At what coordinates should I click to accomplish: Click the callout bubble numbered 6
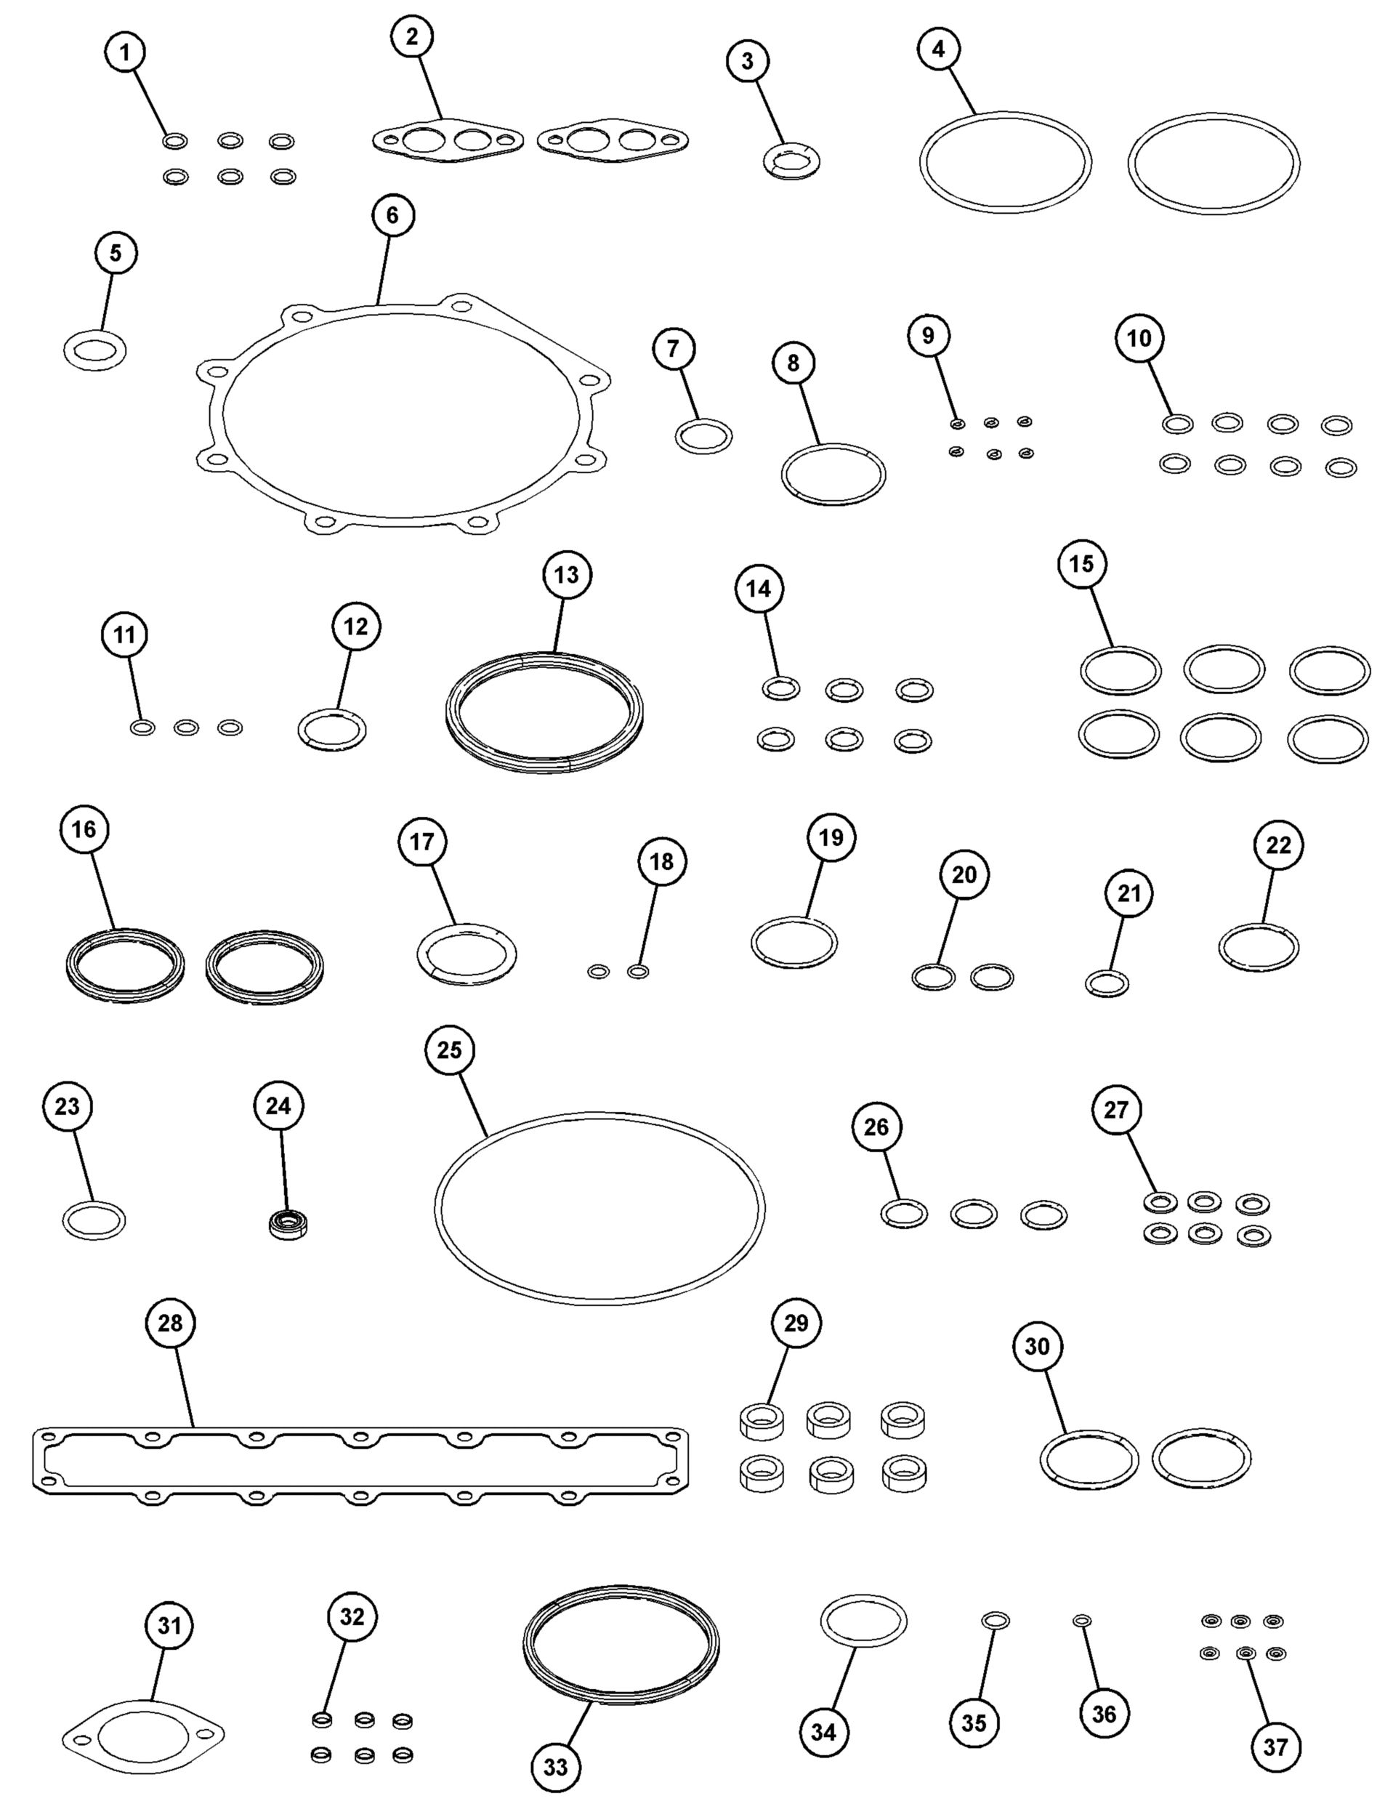[392, 215]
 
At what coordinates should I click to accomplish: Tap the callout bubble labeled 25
[449, 1050]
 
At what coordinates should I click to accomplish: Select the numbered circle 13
[567, 575]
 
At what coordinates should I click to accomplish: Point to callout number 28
[170, 1323]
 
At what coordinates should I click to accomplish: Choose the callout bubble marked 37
[1275, 1747]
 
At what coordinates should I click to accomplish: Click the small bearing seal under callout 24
[288, 1224]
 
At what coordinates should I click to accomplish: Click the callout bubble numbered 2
[413, 38]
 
